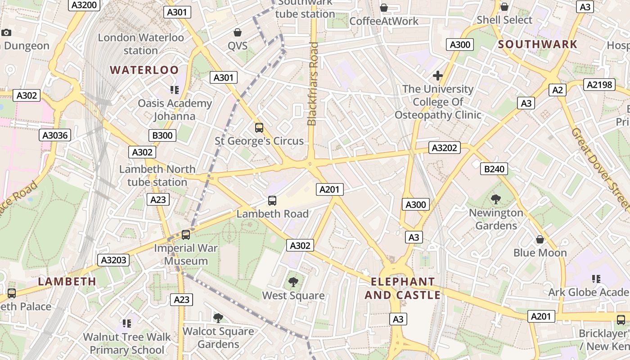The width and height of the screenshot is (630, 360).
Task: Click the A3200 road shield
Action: click(84, 5)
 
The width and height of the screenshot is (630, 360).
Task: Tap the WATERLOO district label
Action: click(144, 70)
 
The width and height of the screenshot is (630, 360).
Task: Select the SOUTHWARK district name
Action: click(537, 44)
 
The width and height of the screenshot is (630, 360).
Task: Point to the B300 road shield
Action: click(162, 135)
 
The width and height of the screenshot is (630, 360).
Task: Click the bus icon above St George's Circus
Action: click(259, 127)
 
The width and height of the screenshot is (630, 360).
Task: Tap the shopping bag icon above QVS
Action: click(237, 32)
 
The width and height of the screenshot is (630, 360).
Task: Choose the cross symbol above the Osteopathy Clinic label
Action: click(437, 76)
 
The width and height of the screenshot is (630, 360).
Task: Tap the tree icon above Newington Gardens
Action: click(496, 199)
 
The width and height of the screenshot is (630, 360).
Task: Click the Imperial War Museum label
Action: click(186, 254)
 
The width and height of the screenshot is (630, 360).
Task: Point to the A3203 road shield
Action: click(114, 260)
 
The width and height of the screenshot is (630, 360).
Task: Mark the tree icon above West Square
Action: click(293, 282)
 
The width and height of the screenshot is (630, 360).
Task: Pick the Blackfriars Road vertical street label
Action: click(312, 84)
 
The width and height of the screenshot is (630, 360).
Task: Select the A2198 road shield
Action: click(599, 84)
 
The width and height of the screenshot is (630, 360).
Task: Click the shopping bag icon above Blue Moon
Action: click(540, 239)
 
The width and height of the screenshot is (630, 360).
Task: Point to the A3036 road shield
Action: click(55, 135)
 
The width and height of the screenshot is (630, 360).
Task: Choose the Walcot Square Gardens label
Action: click(218, 337)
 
